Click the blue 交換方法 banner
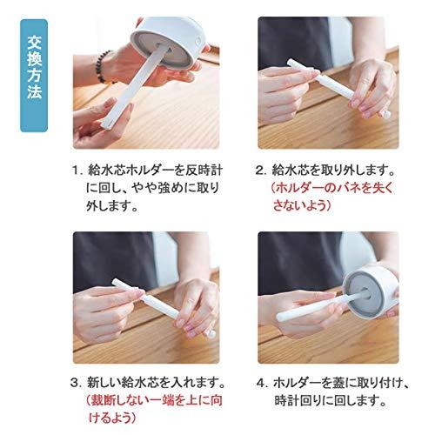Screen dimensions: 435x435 pyautogui.click(x=34, y=79)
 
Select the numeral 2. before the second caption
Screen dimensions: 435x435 pyautogui.click(x=260, y=171)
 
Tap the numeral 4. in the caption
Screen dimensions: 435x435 pyautogui.click(x=260, y=382)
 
